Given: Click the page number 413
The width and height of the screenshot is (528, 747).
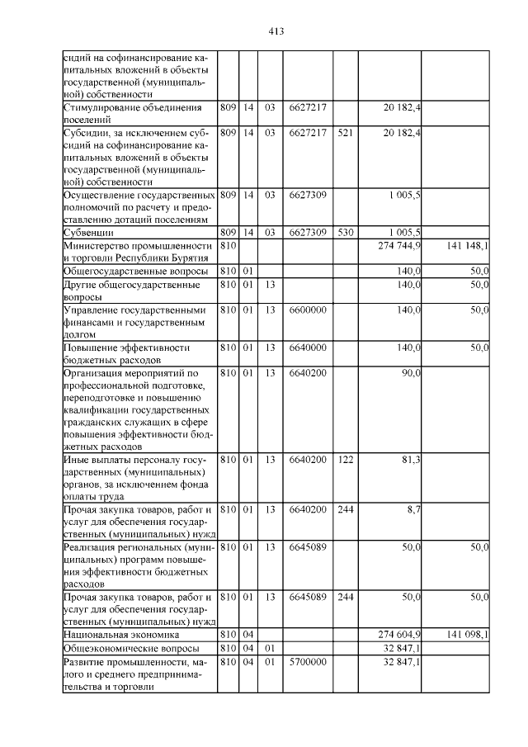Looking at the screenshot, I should pyautogui.click(x=276, y=31).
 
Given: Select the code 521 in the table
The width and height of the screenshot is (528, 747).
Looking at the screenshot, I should pyautogui.click(x=346, y=132).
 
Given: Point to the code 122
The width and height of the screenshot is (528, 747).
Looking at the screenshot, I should pyautogui.click(x=346, y=459).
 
